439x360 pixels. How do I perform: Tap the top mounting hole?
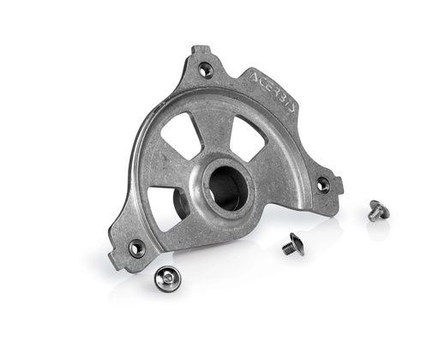(x=206, y=70)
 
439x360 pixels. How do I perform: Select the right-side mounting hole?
(x=323, y=184)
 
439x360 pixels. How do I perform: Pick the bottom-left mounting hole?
(x=136, y=248)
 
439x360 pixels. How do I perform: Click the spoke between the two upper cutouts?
(x=219, y=137)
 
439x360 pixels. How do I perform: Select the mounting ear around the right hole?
(x=327, y=183)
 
